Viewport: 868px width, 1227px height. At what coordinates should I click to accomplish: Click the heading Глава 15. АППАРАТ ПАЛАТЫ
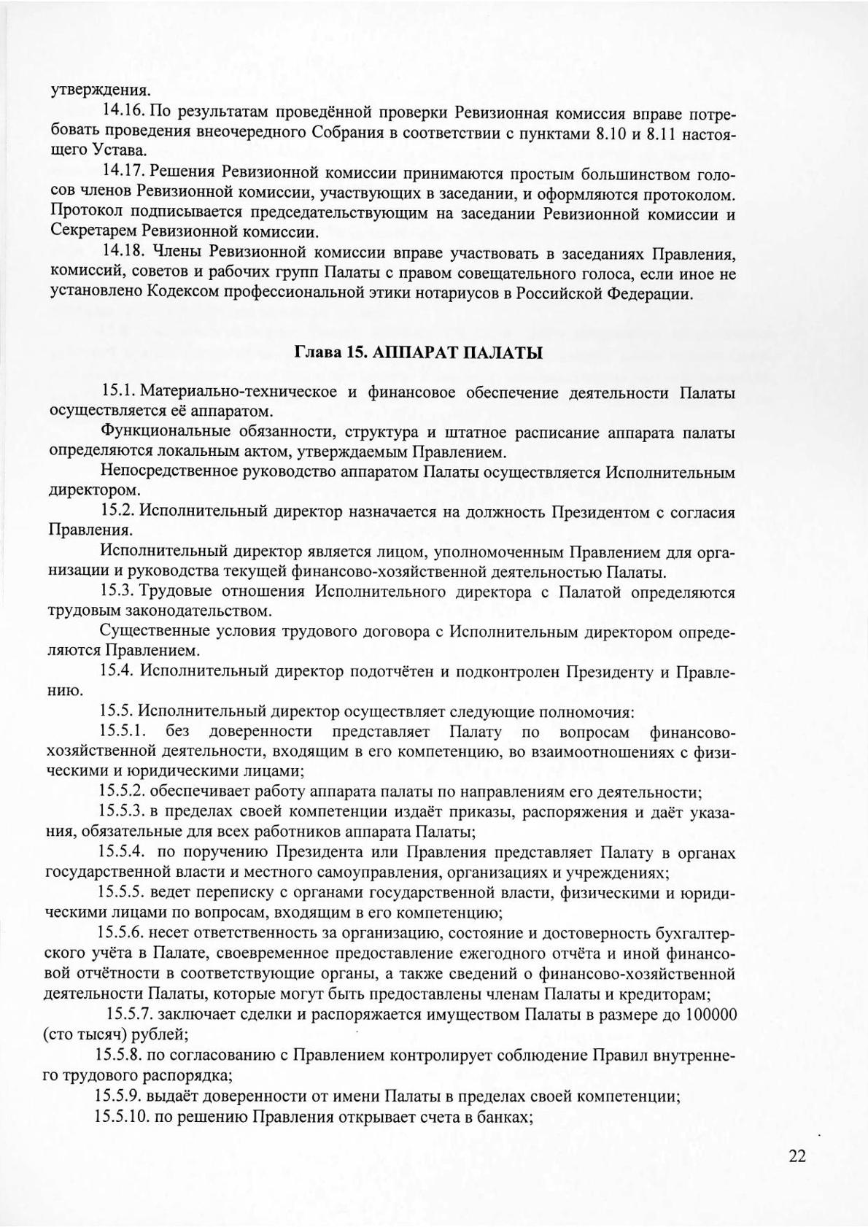tap(419, 353)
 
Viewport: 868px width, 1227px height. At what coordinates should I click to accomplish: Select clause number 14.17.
tap(125, 173)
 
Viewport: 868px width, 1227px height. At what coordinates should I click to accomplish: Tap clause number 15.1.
tap(120, 392)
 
